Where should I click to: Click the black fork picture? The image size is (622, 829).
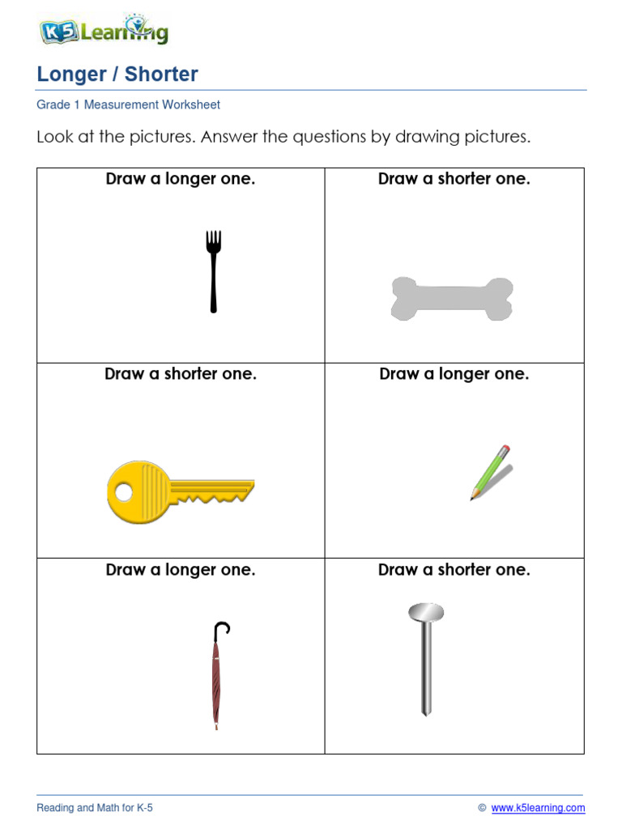click(x=213, y=271)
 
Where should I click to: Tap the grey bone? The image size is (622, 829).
click(x=452, y=299)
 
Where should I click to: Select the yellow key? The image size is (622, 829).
click(x=180, y=491)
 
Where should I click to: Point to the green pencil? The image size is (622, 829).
click(x=490, y=472)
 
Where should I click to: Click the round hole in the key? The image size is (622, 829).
click(x=124, y=491)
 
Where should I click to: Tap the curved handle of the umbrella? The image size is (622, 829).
click(x=222, y=627)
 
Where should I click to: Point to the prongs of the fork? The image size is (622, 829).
click(x=213, y=240)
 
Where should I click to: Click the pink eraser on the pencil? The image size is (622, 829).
click(x=506, y=449)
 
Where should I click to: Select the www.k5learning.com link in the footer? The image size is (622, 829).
click(x=538, y=808)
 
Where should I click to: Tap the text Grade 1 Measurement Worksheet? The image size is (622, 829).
click(x=128, y=104)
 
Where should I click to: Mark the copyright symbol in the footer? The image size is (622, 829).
click(x=482, y=808)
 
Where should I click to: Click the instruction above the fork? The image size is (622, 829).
click(x=181, y=179)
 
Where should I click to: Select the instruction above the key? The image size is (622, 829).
click(x=181, y=374)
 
